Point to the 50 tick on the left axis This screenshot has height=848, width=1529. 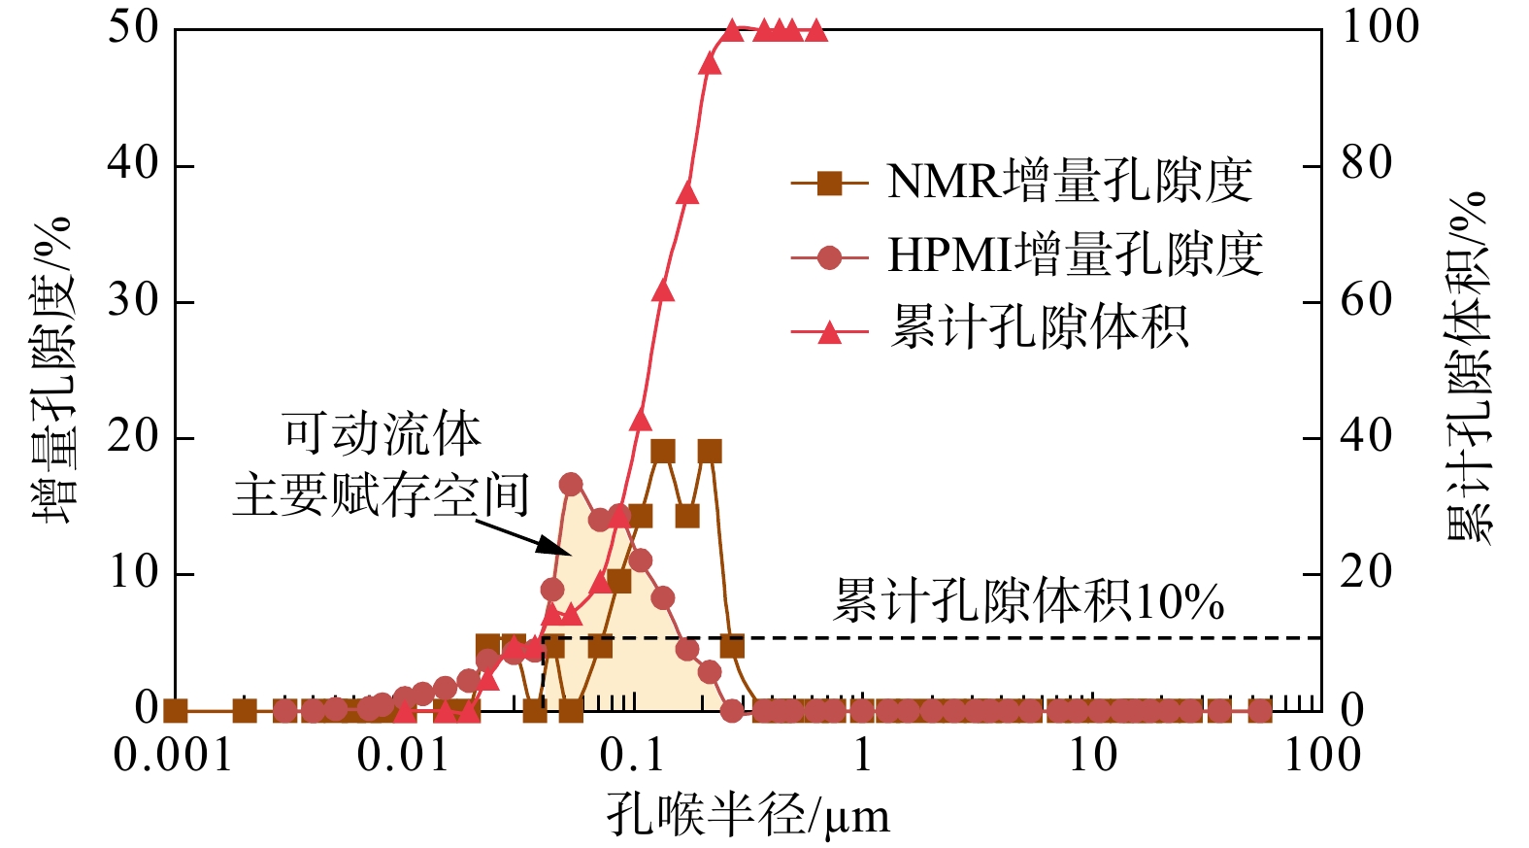point(133,28)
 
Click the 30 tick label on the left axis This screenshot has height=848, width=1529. point(133,301)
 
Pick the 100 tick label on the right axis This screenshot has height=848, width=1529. point(1379,28)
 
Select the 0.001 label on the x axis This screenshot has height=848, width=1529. point(174,756)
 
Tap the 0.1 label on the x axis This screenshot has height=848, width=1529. point(632,756)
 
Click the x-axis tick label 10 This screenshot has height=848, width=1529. point(1093,756)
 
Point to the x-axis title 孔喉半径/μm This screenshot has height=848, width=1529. point(748,814)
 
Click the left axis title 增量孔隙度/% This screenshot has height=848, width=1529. point(53,369)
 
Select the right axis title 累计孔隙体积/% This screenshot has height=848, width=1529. point(1469,369)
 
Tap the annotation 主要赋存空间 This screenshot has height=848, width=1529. point(381,495)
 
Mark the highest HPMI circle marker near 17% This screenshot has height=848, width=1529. point(571,484)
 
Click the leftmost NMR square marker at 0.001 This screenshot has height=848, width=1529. point(175,711)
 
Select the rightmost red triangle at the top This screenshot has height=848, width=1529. point(816,30)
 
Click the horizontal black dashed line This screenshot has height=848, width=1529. point(971,638)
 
